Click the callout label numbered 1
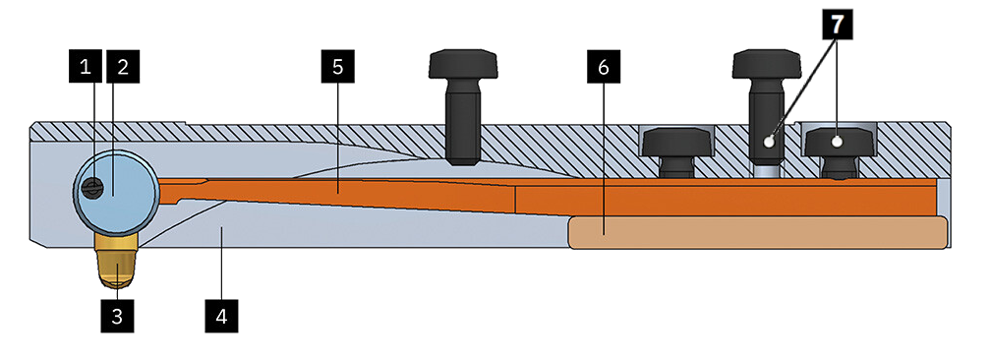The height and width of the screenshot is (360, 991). point(86,67)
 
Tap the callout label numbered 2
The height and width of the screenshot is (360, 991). point(123,67)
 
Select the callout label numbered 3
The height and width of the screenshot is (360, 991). point(117,316)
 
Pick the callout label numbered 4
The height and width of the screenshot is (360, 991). point(221,316)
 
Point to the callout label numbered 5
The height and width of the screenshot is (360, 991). point(337,67)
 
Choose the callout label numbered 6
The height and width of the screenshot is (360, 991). point(603,67)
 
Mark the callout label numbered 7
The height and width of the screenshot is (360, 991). point(837,25)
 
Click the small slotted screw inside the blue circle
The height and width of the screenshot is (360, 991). point(92,186)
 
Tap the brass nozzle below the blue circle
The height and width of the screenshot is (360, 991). point(116,260)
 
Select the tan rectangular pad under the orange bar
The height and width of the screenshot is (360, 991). point(758,232)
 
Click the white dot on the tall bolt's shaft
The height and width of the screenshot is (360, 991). point(769,143)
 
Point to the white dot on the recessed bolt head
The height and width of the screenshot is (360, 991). point(838,143)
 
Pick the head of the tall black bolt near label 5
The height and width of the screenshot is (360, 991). point(463,65)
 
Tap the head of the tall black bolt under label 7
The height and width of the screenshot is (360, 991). point(767,65)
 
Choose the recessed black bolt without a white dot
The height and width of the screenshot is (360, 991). point(676,151)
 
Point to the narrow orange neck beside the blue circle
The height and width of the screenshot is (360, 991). point(183,191)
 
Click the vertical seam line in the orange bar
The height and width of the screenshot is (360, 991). point(516,200)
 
